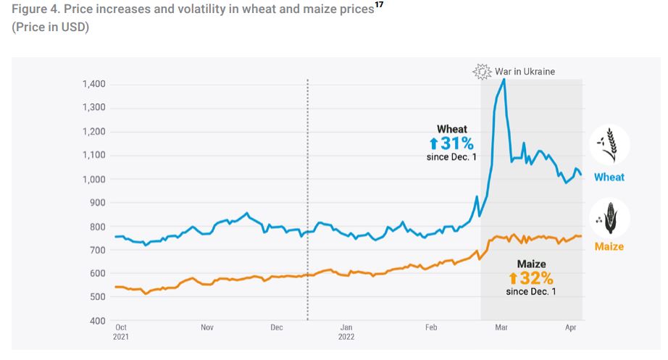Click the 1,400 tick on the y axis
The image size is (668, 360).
coord(93,84)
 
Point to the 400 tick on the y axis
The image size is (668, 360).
coord(98,321)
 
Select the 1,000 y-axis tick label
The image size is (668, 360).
coord(93,179)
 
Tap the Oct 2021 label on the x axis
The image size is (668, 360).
coord(121,332)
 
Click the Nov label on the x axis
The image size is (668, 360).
coord(207,327)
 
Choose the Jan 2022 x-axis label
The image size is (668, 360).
coord(346,332)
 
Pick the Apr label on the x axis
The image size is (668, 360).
coord(569,327)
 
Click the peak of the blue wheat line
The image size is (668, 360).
coord(504,80)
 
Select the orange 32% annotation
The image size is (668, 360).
coord(531,278)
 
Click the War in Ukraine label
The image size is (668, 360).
coord(525,72)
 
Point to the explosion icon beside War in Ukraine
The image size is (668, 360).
coord(482,71)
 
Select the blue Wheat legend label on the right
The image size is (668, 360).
coord(609,177)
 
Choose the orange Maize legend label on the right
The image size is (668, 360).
coord(609,246)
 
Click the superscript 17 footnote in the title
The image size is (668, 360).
coord(377,6)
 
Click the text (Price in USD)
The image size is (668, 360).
coord(50,28)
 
